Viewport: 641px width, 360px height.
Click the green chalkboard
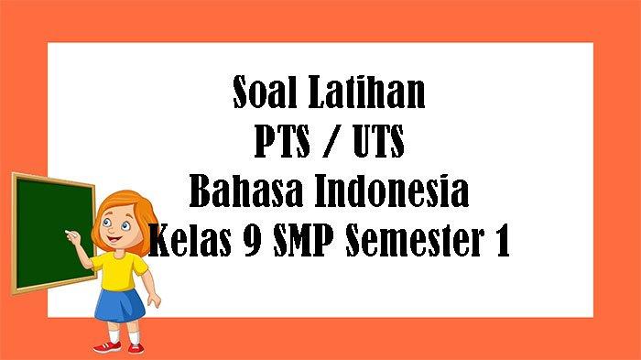point(50,229)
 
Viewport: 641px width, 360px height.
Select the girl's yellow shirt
point(118,271)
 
